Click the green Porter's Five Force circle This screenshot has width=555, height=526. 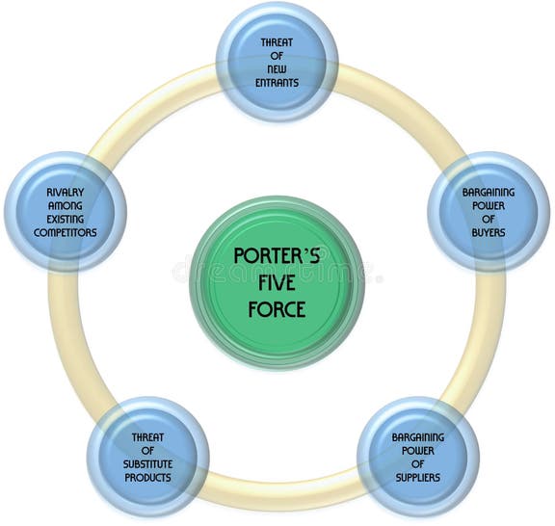pyautogui.click(x=277, y=282)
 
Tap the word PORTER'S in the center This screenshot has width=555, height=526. pyautogui.click(x=277, y=257)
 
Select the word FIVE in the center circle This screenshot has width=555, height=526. pyautogui.click(x=277, y=284)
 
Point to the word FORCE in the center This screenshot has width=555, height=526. pyautogui.click(x=277, y=310)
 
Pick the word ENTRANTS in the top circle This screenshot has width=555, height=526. pyautogui.click(x=277, y=83)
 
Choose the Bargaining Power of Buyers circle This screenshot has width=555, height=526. pyautogui.click(x=488, y=212)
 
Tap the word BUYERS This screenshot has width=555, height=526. pyautogui.click(x=489, y=232)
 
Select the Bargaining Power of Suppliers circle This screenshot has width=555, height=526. pyautogui.click(x=417, y=457)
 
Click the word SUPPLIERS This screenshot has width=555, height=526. pyautogui.click(x=417, y=477)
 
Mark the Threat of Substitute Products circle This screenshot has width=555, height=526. pyautogui.click(x=148, y=457)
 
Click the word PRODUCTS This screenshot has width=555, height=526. pyautogui.click(x=148, y=477)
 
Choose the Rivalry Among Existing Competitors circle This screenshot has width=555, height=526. pyautogui.click(x=65, y=212)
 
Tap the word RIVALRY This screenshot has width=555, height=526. pyautogui.click(x=65, y=192)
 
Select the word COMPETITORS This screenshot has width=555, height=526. pyautogui.click(x=65, y=232)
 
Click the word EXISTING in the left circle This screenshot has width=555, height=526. pyautogui.click(x=65, y=219)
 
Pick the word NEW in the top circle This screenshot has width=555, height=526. pyautogui.click(x=277, y=69)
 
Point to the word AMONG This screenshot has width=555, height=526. pyautogui.click(x=65, y=205)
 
